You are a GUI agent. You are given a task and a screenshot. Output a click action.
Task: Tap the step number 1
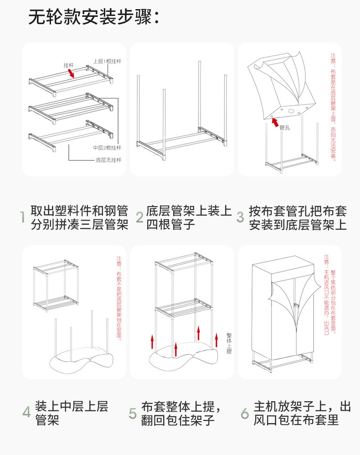coord(21,217)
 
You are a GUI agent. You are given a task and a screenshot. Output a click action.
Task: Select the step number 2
coord(139,217)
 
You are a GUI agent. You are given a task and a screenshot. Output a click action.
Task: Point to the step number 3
coord(240,217)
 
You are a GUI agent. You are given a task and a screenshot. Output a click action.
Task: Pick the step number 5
coord(133,413)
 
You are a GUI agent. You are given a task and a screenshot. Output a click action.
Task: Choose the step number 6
coord(245,413)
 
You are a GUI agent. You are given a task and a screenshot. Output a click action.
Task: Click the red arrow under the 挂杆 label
coord(71,73)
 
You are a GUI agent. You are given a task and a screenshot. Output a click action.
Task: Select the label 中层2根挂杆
coord(107,148)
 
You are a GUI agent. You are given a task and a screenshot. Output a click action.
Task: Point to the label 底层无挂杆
coord(108,160)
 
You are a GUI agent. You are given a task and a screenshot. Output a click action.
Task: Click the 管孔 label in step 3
coord(285,128)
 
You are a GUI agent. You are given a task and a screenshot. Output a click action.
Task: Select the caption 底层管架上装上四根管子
coord(188,217)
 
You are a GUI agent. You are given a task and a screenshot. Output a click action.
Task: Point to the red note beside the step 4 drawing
coord(119,298)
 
